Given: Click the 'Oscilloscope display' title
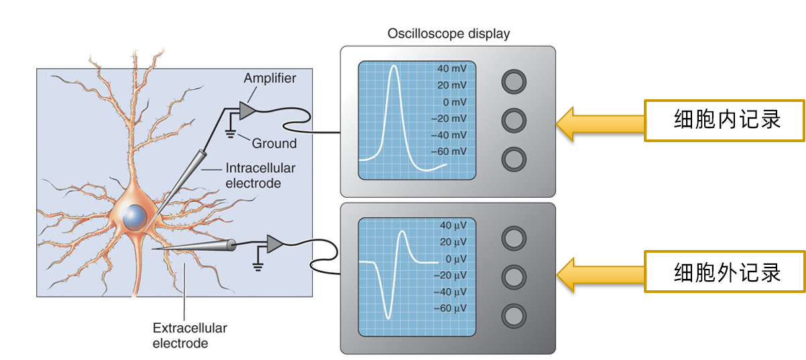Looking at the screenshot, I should pos(448,34).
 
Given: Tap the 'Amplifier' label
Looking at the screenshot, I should pos(269,79).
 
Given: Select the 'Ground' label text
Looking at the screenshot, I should pos(274,143).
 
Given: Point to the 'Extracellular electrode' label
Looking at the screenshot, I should pos(190,336).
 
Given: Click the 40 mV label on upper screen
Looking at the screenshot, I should pos(452,69).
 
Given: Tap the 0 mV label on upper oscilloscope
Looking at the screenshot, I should pos(454,102).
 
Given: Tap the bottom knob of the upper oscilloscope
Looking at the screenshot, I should pos(514,159).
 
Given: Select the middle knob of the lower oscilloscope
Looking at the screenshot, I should pos(514,276).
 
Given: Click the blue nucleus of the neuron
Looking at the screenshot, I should pos(135,217).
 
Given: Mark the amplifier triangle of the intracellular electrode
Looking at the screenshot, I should pos(247,109).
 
